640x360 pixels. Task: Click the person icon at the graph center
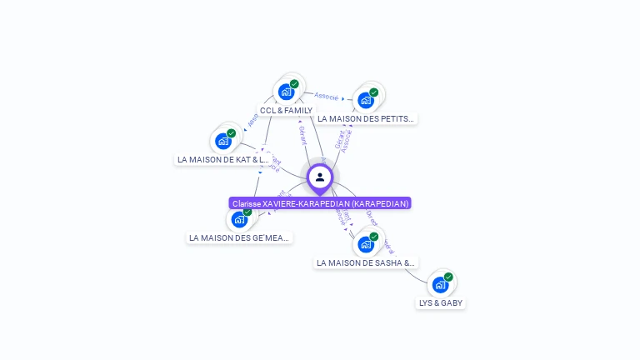click(x=320, y=177)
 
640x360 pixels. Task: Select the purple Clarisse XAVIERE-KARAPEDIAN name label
click(x=320, y=203)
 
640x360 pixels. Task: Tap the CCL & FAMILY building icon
click(x=286, y=91)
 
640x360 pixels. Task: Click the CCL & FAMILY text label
click(x=286, y=110)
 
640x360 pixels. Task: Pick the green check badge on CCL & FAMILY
click(x=294, y=83)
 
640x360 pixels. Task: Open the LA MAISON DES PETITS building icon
click(x=365, y=100)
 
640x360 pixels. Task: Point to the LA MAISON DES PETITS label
click(x=365, y=118)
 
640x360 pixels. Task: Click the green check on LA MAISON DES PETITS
click(x=373, y=92)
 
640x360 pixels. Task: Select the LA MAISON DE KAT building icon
click(x=222, y=141)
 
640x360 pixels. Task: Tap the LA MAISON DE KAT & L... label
click(x=223, y=159)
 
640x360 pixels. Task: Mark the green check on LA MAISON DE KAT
click(x=231, y=133)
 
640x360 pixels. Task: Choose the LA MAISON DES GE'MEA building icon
click(x=239, y=219)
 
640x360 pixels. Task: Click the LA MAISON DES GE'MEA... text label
click(x=239, y=237)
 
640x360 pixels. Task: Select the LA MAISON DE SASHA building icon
click(x=365, y=244)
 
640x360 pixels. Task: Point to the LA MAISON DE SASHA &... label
click(x=365, y=262)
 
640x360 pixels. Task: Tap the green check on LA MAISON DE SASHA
click(x=373, y=237)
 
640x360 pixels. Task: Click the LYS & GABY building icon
click(x=440, y=284)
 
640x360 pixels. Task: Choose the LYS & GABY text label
click(x=441, y=303)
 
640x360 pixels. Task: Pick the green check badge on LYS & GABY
click(x=448, y=277)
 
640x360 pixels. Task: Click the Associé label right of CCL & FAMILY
click(x=326, y=97)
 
